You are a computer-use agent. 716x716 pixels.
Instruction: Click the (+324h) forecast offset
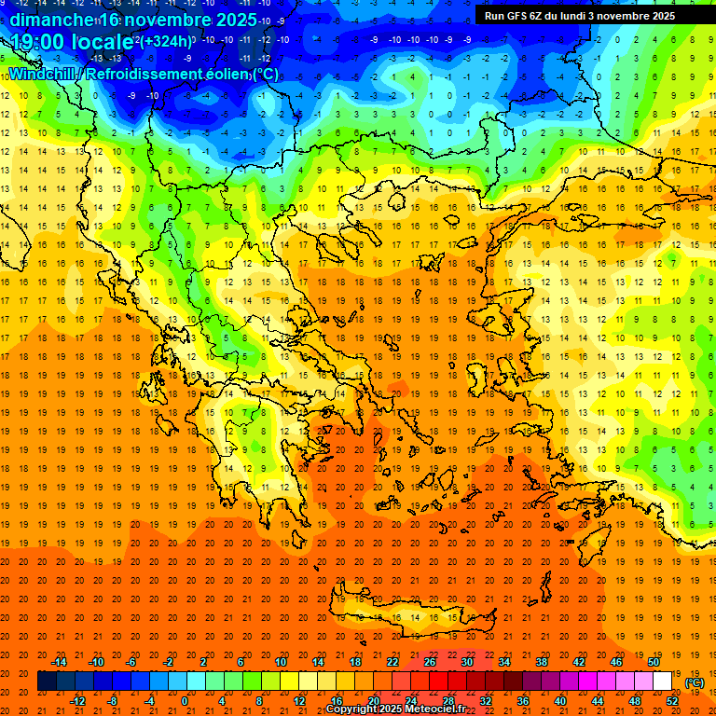coord(168,42)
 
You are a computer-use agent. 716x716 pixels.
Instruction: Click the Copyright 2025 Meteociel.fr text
coord(395,709)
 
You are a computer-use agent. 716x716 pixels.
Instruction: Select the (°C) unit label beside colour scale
coord(695,682)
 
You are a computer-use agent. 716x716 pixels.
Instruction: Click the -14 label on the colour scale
coord(60,661)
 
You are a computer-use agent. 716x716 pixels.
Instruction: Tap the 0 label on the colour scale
coord(184,701)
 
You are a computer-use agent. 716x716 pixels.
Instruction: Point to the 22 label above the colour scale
coord(392,661)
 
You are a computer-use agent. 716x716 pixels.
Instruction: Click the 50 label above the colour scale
coord(654,661)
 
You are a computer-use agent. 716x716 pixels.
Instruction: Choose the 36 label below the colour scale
coord(523,701)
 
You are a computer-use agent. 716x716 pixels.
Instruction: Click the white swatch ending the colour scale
coord(663,682)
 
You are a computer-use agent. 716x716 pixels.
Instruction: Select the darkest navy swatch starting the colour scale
coord(47,682)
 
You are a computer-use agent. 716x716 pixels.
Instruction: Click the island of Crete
coord(410,616)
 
